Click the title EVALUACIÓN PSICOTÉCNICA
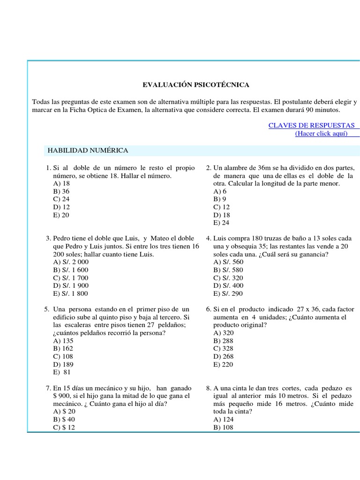coord(196,85)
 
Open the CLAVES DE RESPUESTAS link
coord(311,125)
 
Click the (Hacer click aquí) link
coord(321,133)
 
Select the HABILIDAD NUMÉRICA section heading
coord(87,150)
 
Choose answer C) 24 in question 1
coord(62,199)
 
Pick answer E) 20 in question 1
coord(61,215)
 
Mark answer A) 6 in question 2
coord(220,191)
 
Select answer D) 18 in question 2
coord(221,215)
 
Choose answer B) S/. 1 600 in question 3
coord(71,270)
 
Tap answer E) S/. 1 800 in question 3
coord(71,293)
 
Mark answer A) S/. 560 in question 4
coord(228,262)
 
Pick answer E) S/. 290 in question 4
coord(228,293)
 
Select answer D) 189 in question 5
coord(64,364)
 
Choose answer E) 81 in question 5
coord(62,373)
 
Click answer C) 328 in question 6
coord(223,348)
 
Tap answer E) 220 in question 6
coord(223,364)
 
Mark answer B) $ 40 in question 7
coord(64,420)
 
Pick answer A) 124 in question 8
coord(223,420)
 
